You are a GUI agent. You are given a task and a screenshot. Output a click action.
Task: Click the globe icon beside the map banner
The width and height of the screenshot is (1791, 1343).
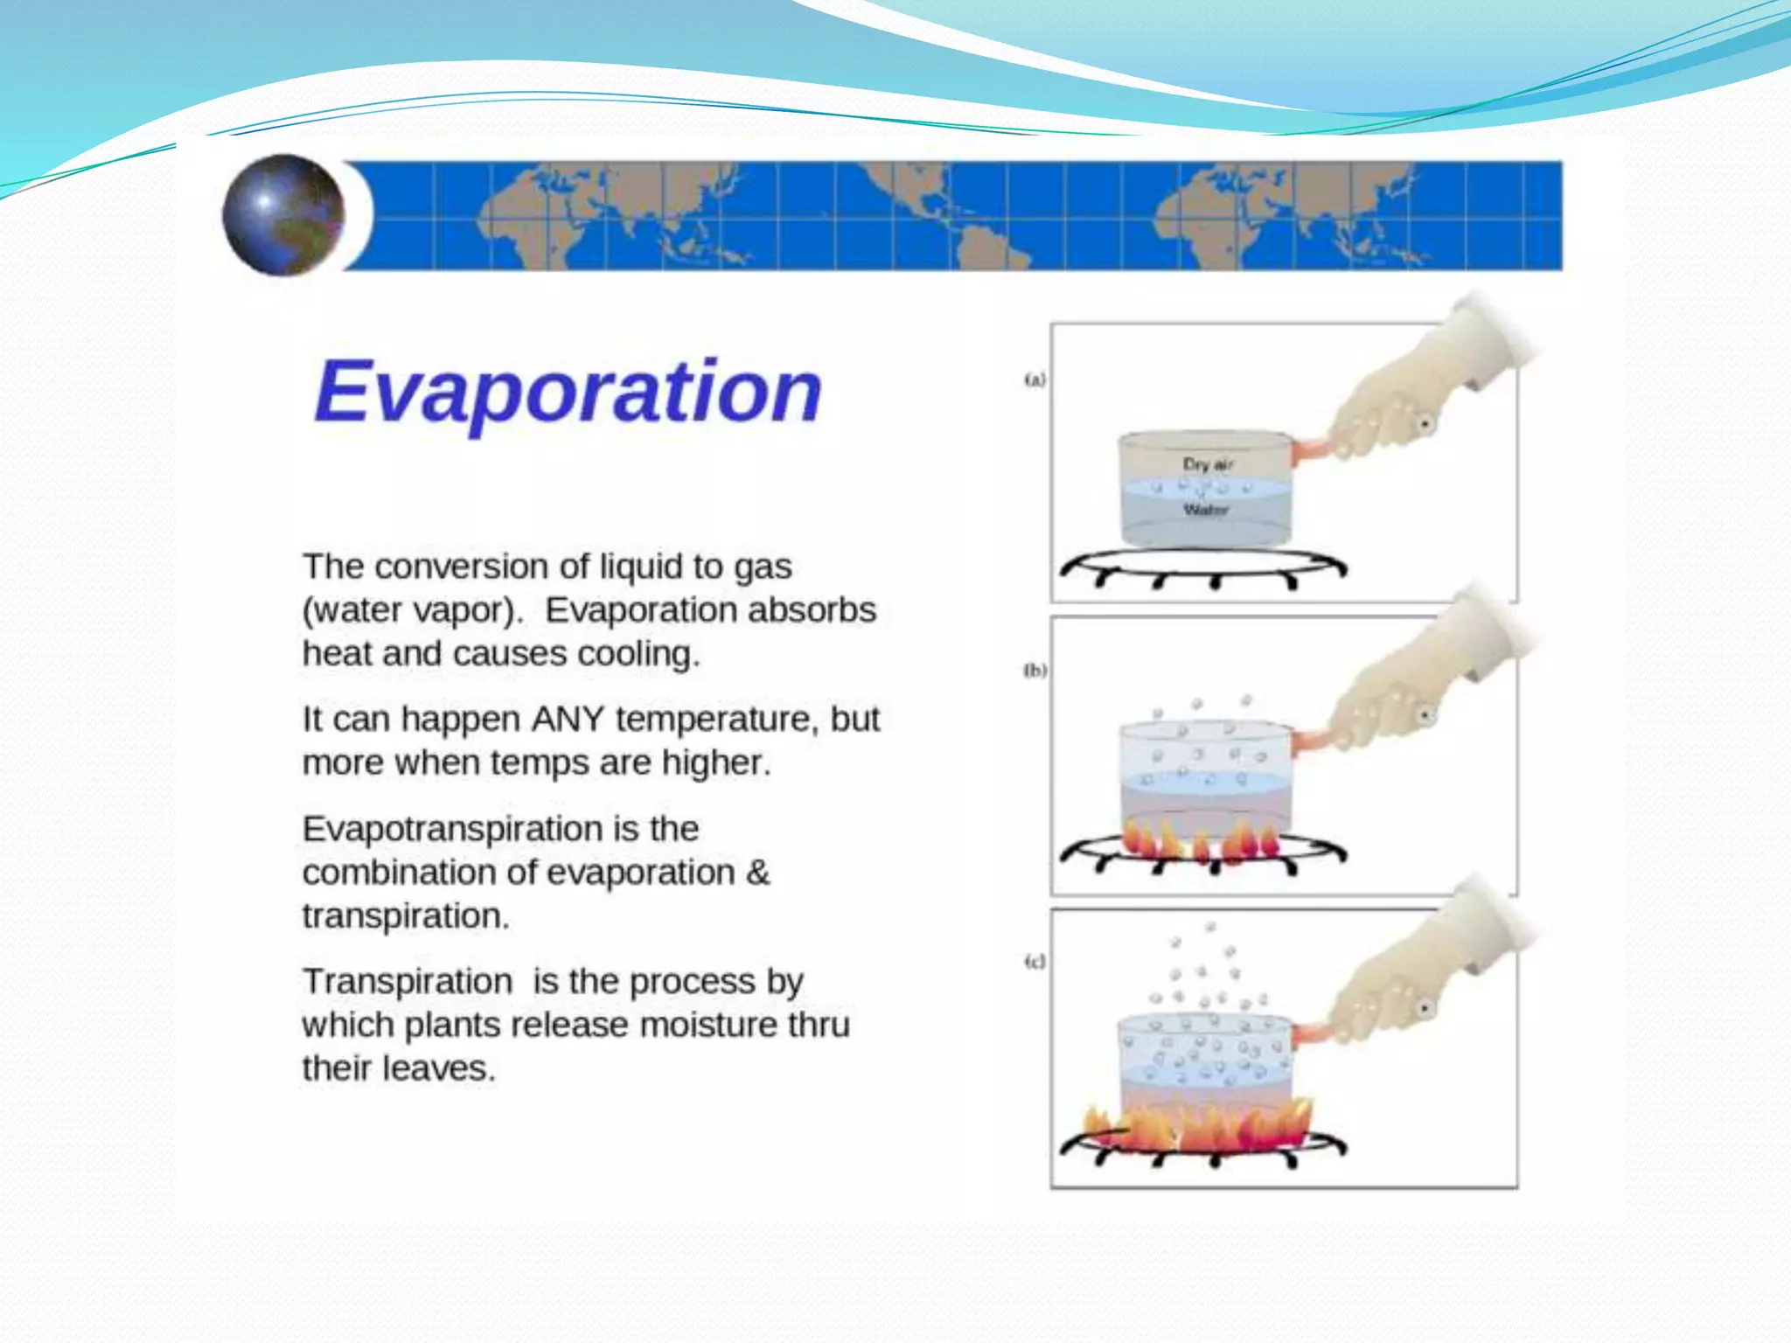coord(283,215)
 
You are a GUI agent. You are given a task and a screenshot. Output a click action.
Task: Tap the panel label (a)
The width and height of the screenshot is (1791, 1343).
coord(1035,380)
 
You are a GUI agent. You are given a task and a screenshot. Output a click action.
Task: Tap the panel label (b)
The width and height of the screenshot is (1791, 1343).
coord(1035,671)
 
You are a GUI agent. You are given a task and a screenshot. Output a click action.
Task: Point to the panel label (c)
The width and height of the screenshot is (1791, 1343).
coord(1035,962)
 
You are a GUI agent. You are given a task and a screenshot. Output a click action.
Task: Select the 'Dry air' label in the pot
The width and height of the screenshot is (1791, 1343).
coord(1208,464)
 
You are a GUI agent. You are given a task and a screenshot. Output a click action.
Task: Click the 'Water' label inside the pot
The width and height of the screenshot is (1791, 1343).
coord(1206,510)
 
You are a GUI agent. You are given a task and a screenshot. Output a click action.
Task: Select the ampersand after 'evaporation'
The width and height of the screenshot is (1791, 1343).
coord(758,873)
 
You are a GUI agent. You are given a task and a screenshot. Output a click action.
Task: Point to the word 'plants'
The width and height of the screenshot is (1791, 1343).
coord(453,1026)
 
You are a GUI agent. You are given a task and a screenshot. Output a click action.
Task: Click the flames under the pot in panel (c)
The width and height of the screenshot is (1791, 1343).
coord(1198,1128)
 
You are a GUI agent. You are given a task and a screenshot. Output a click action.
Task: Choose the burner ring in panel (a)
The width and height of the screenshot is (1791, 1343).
coord(1202,567)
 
